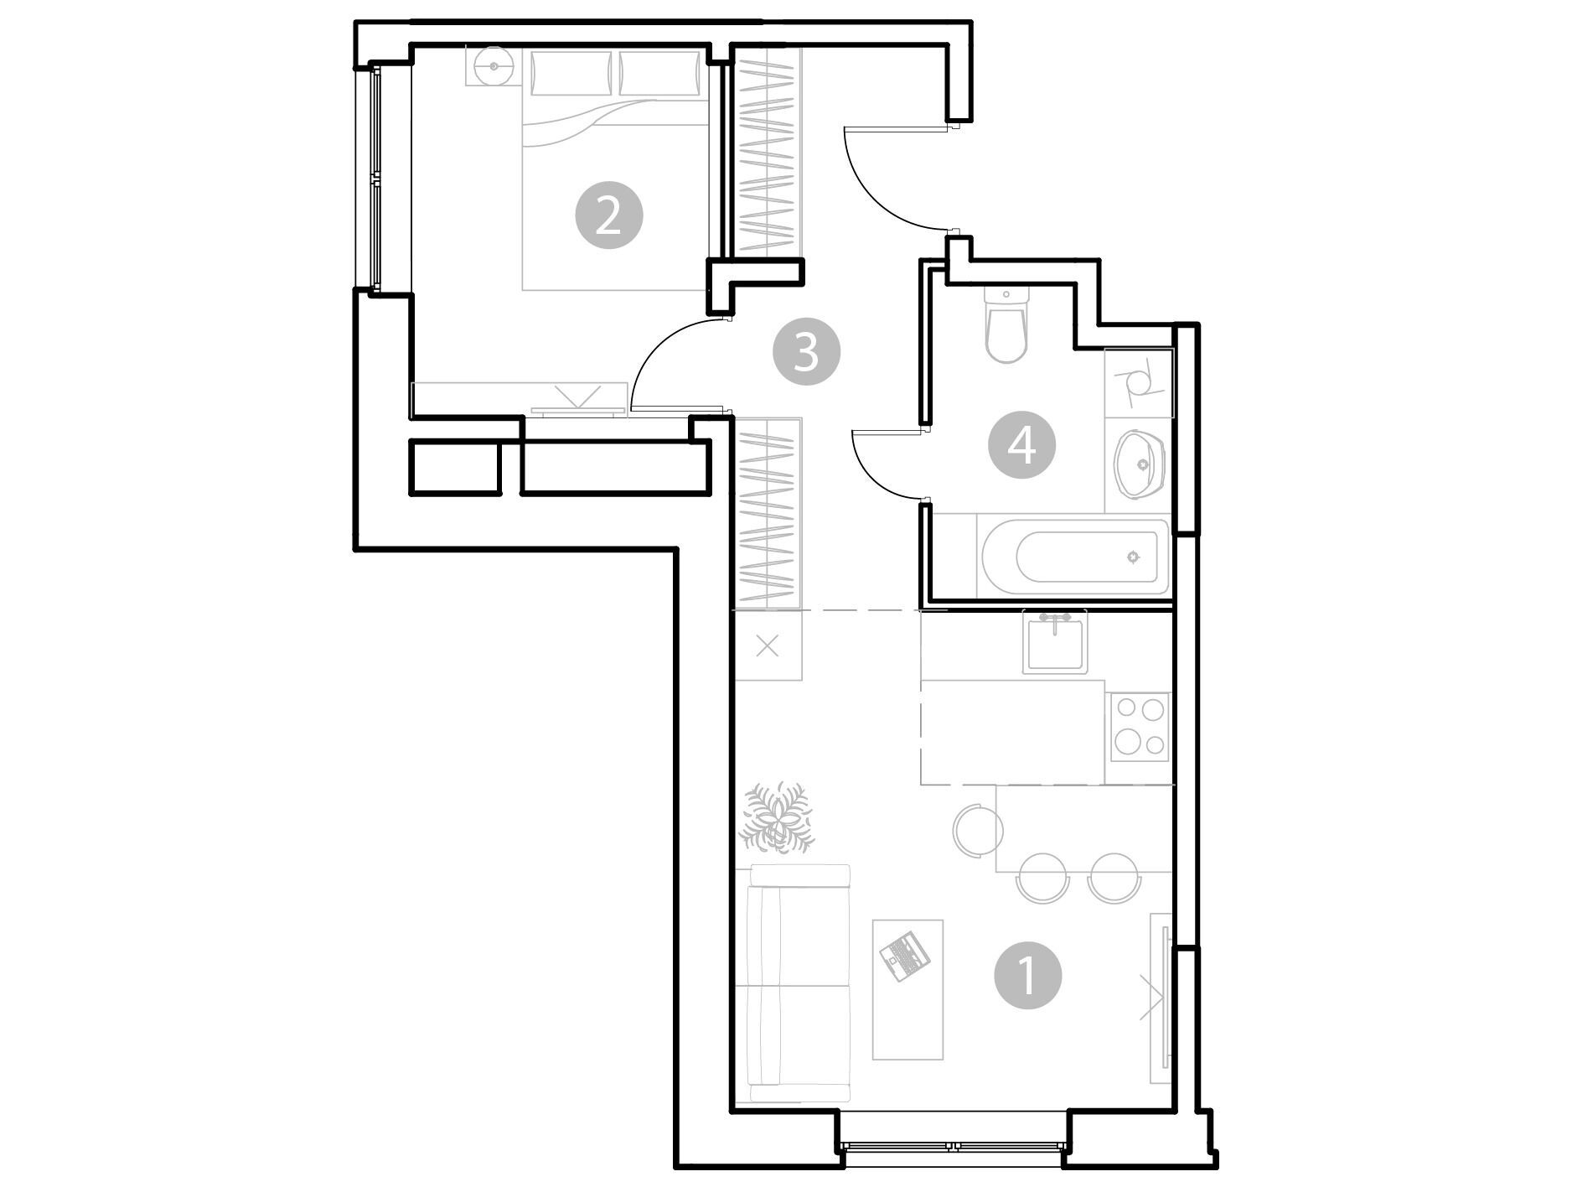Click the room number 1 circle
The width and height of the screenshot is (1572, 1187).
point(1027,975)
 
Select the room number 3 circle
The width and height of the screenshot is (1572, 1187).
point(806,351)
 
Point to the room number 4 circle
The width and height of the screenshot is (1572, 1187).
point(1022,445)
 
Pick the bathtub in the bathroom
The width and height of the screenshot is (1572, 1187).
point(1073,556)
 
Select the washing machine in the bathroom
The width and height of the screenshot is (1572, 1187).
point(1139,383)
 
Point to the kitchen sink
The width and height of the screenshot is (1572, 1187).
point(1055,642)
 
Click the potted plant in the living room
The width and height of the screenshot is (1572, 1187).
point(778,817)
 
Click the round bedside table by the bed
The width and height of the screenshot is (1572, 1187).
point(494,65)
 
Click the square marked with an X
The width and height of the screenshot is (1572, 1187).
point(768,646)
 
